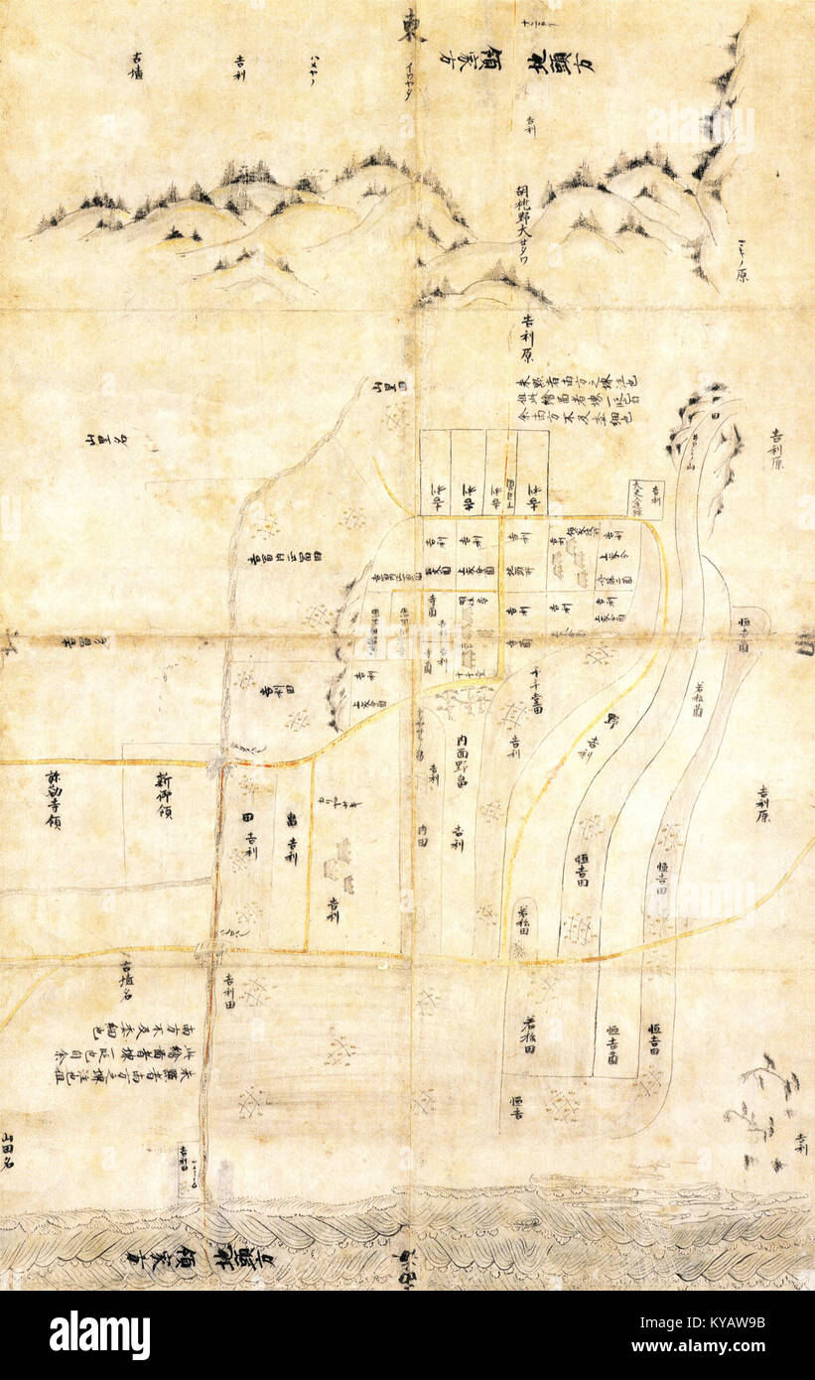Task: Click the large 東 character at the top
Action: [x=412, y=27]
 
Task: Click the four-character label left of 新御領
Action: [x=52, y=799]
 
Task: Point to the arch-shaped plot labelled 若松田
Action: [x=523, y=923]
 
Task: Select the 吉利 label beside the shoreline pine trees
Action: [x=800, y=1143]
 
